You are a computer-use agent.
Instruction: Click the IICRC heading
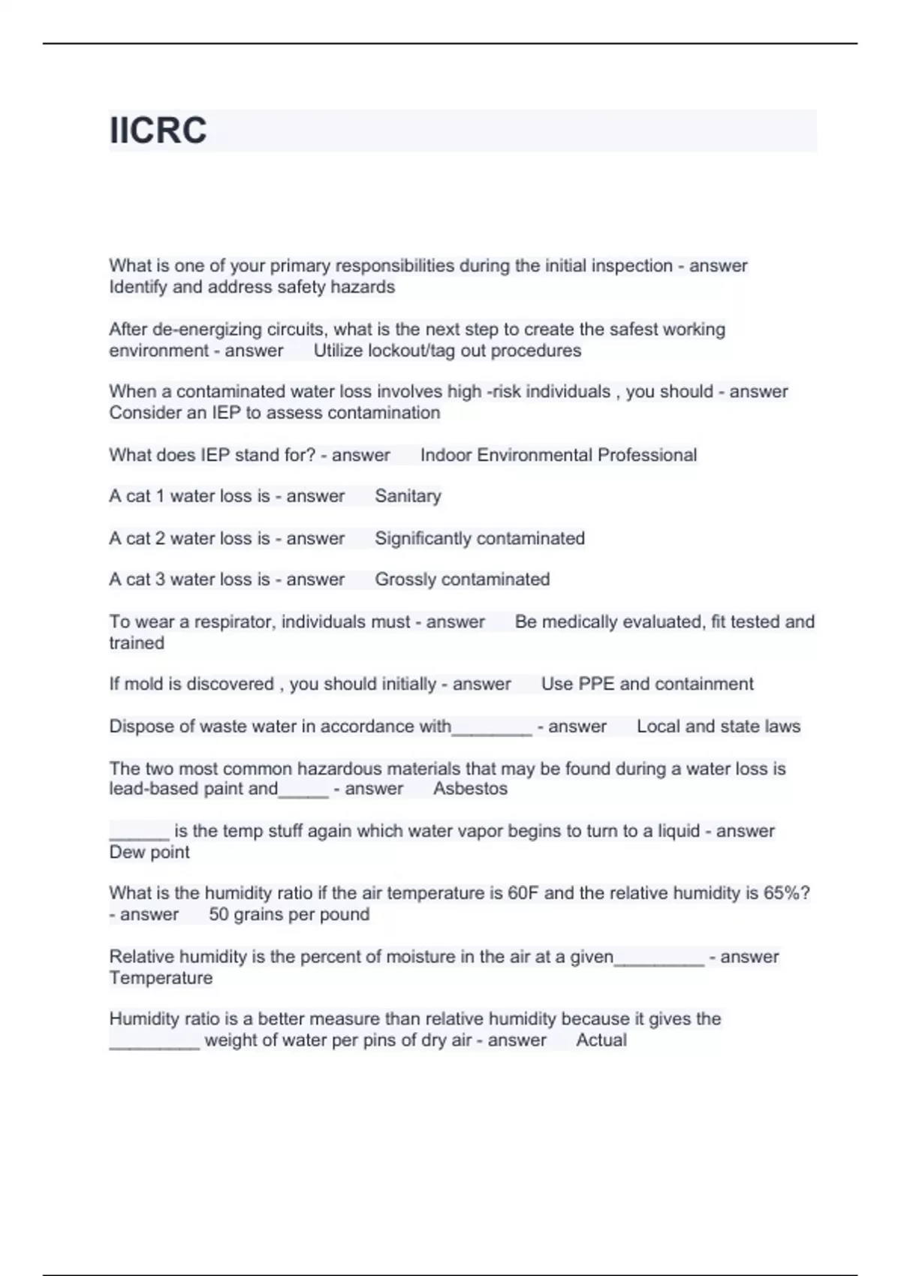pyautogui.click(x=158, y=131)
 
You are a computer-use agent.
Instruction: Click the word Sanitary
pyautogui.click(x=408, y=496)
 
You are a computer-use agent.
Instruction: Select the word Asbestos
pyautogui.click(x=470, y=789)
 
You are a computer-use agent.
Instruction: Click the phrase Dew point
pyautogui.click(x=149, y=853)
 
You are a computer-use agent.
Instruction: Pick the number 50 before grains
pyautogui.click(x=218, y=914)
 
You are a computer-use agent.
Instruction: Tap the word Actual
pyautogui.click(x=601, y=1040)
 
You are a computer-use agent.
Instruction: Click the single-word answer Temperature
pyautogui.click(x=161, y=978)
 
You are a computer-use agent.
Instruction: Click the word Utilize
pyautogui.click(x=338, y=351)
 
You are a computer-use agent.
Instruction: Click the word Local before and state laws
pyautogui.click(x=658, y=727)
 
